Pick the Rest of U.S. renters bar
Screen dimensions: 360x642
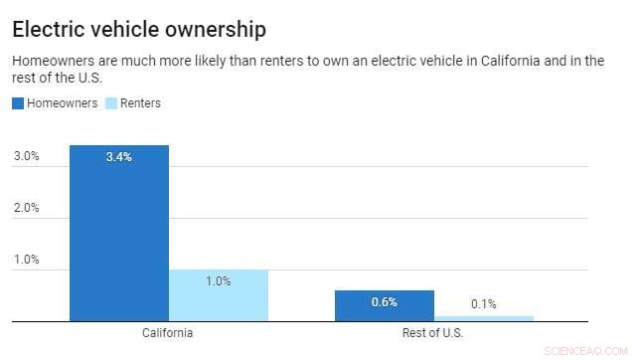point(483,318)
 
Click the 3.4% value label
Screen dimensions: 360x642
point(119,156)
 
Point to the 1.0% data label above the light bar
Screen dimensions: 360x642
point(218,281)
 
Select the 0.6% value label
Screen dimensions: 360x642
point(384,302)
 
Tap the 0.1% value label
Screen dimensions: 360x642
point(483,303)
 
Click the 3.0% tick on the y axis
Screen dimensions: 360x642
point(26,156)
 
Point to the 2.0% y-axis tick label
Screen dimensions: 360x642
point(26,208)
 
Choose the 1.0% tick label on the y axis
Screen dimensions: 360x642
point(26,260)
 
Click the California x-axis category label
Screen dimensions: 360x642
point(168,333)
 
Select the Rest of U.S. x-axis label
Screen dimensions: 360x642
point(433,333)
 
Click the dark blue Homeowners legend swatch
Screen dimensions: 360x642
point(18,103)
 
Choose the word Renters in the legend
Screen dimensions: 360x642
point(140,103)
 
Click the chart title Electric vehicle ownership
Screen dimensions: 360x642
point(138,30)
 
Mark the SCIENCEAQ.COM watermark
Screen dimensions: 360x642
point(592,350)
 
